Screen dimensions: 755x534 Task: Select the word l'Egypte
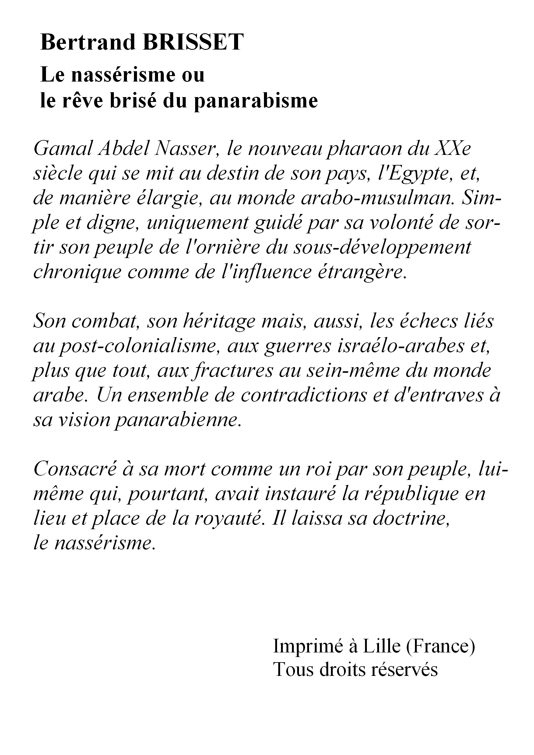click(x=416, y=174)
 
